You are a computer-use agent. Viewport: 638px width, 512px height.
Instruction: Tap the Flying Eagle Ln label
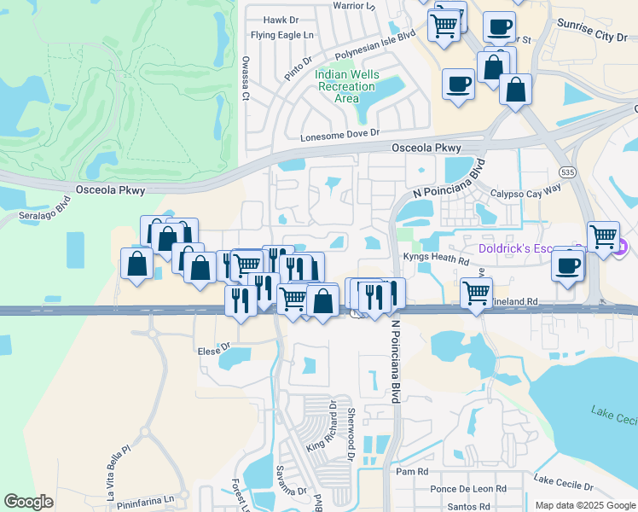[282, 36]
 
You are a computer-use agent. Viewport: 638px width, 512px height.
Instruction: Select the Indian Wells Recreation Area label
[346, 86]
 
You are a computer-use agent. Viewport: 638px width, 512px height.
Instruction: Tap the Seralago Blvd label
[43, 211]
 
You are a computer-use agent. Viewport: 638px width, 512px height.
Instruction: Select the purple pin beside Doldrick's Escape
[621, 248]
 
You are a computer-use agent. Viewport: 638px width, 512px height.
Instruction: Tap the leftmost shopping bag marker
[137, 265]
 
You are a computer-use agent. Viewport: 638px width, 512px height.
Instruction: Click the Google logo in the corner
[28, 502]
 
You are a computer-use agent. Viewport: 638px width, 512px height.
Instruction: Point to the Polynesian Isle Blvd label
[374, 44]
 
